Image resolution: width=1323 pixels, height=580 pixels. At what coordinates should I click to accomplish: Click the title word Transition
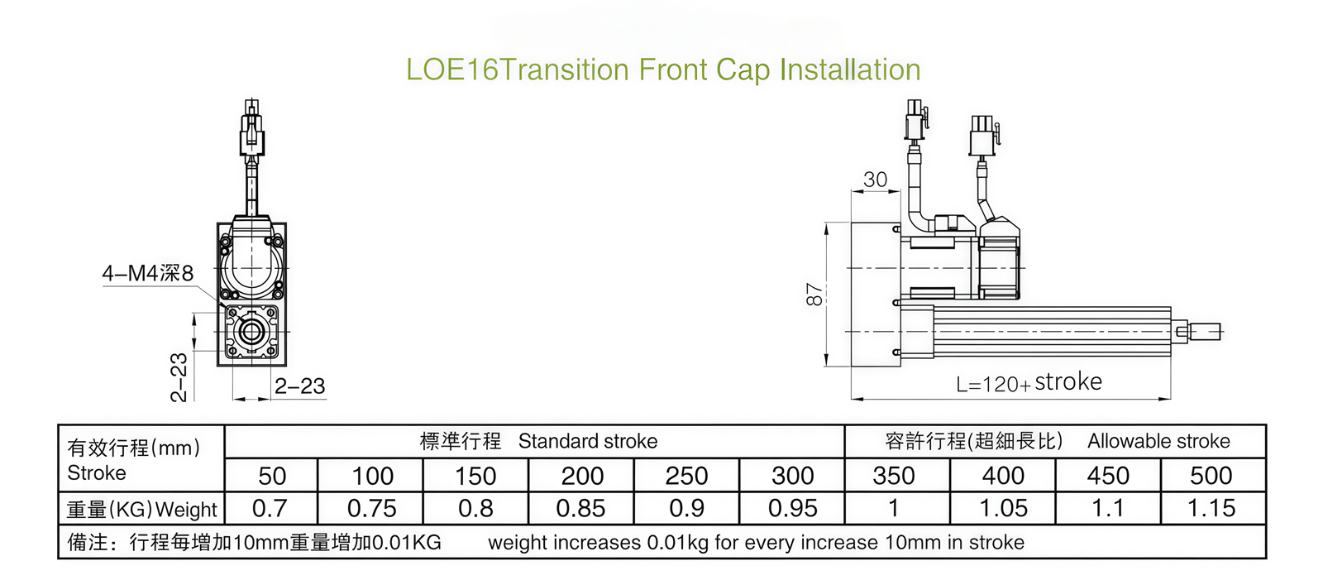coord(565,70)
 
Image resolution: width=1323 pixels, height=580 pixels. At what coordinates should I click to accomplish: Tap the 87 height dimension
coord(814,295)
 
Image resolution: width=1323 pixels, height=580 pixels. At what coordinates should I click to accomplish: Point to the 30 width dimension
coord(875,180)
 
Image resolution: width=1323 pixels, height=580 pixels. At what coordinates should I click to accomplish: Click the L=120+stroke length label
coord(1029,382)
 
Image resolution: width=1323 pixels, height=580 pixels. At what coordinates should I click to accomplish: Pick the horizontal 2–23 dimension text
coord(299,386)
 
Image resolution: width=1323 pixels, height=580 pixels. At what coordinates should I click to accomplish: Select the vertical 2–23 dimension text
coord(179,377)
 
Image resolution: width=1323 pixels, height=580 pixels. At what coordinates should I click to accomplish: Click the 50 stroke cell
coord(272,476)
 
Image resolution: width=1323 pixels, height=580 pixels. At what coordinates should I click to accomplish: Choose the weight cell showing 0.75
coord(371,508)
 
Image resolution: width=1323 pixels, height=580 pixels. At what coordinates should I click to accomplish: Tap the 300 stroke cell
coord(792,476)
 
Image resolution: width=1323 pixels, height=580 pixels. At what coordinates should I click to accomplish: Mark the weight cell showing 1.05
coord(1003,508)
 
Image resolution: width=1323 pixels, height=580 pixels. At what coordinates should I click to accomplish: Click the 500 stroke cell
coord(1211,476)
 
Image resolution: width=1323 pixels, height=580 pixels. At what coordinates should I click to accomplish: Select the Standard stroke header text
coord(587,441)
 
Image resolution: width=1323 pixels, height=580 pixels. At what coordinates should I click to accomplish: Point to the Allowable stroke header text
coord(1158,441)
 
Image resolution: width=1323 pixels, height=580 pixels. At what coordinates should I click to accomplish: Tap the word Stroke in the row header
coord(97,473)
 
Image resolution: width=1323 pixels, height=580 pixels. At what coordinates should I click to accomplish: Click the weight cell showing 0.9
coord(686,508)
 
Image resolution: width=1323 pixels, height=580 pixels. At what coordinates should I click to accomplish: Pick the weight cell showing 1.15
coord(1211,508)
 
